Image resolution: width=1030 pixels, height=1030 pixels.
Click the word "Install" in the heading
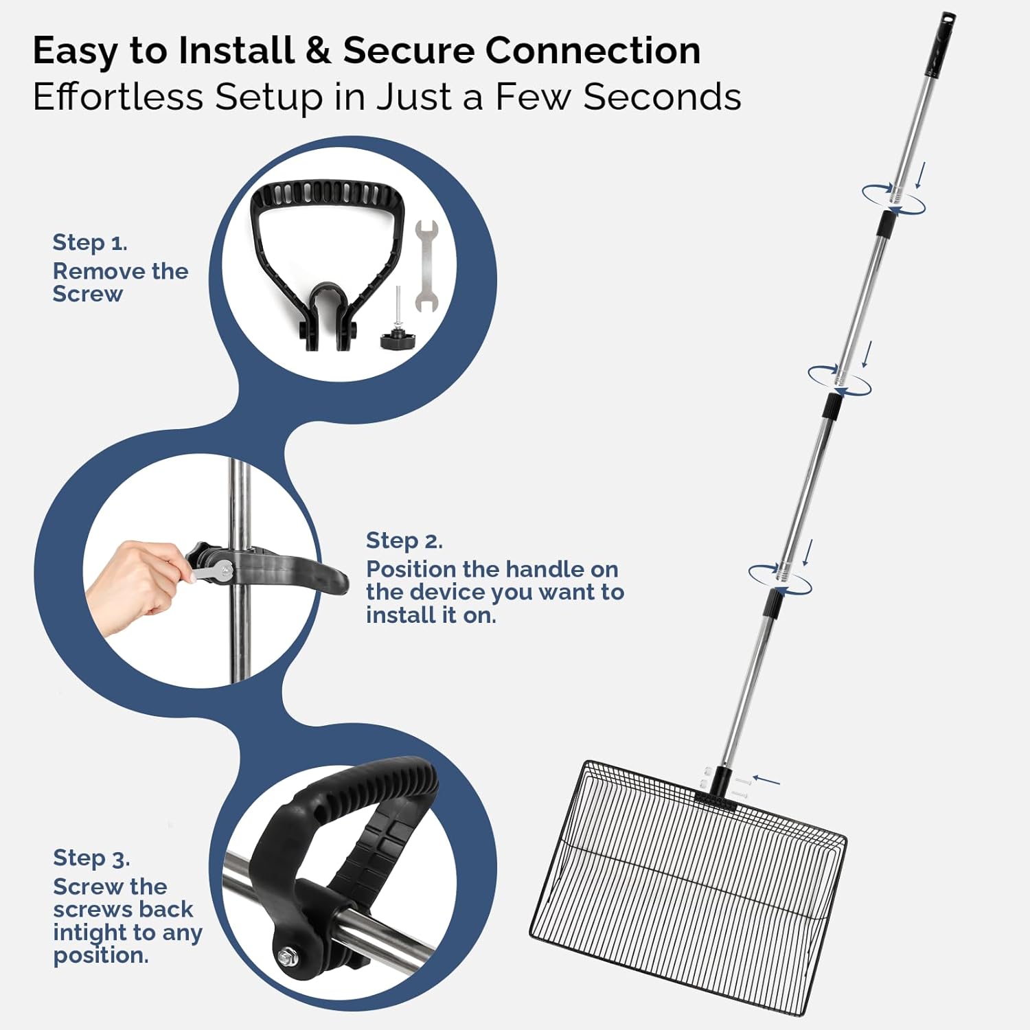point(236,50)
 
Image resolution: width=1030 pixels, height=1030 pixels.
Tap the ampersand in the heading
point(318,51)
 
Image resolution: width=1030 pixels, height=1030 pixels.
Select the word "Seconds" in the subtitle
point(663,97)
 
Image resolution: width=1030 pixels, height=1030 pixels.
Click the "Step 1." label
point(90,242)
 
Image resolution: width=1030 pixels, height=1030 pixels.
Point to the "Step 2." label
point(404,541)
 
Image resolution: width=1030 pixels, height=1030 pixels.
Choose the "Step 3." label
point(91,858)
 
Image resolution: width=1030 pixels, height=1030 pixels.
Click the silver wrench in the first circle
point(426,266)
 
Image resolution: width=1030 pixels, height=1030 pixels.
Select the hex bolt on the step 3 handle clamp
point(285,957)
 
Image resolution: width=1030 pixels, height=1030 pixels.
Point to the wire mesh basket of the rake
point(688,886)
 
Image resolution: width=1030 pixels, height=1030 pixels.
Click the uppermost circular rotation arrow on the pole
point(893,198)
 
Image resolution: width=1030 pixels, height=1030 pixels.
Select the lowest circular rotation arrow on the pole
point(780,580)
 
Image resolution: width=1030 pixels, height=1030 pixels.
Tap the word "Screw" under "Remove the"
point(88,294)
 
